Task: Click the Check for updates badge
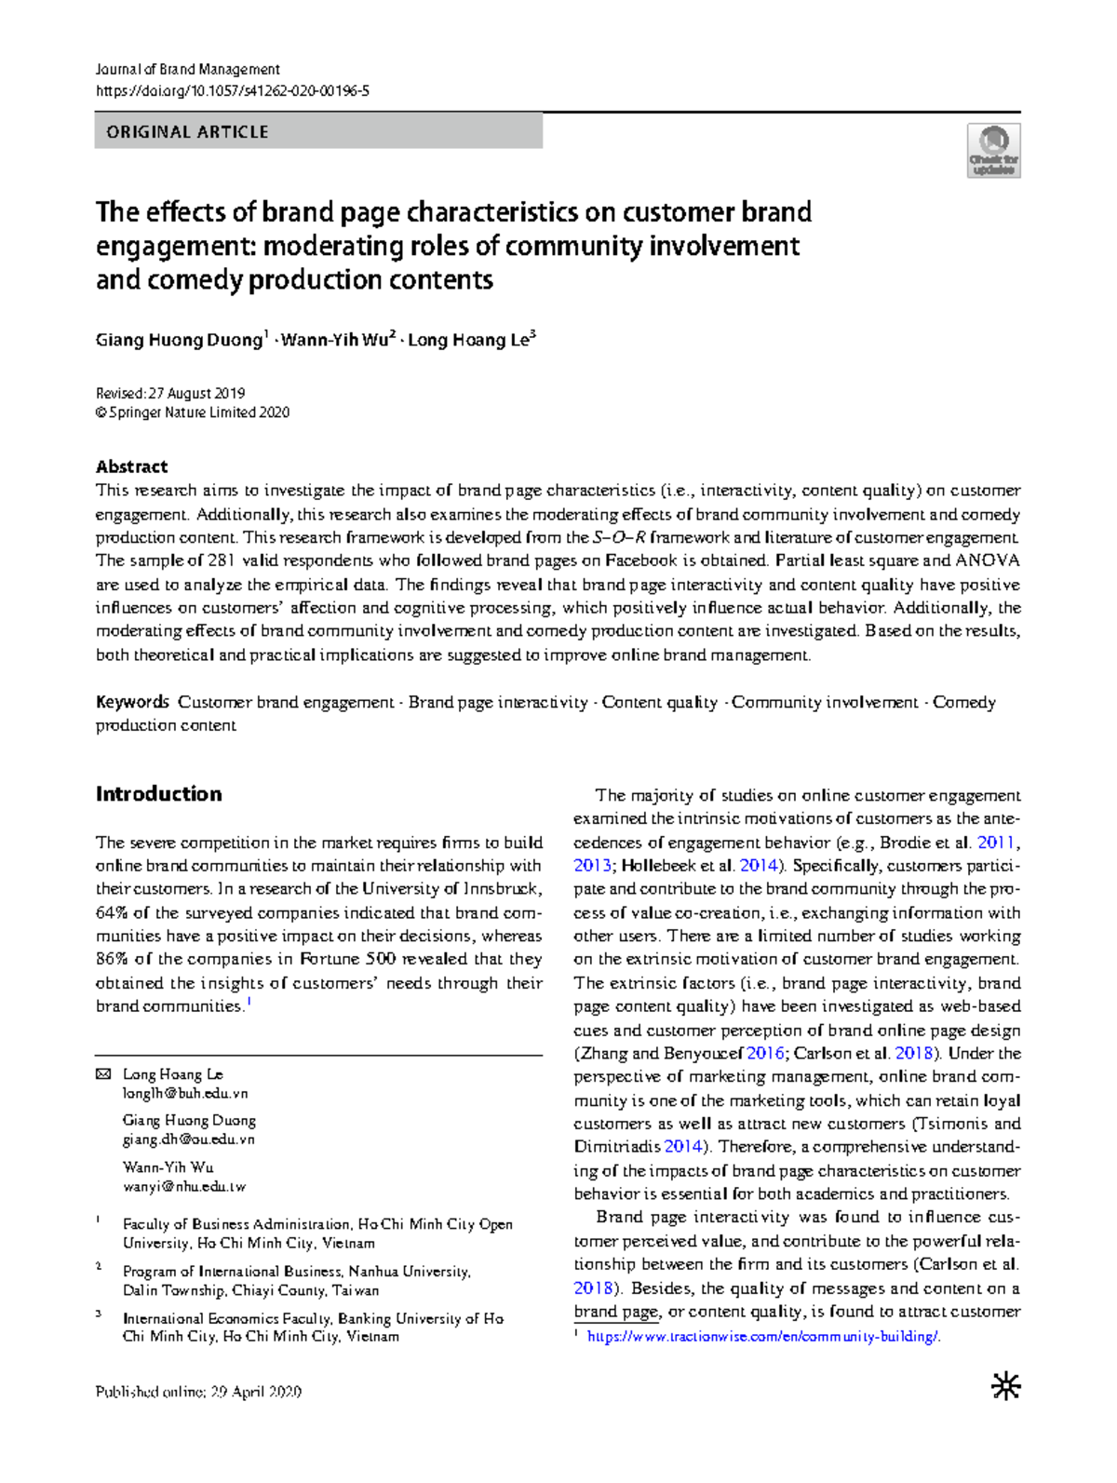tap(993, 151)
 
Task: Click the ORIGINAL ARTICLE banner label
tap(187, 132)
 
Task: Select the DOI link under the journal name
tap(233, 90)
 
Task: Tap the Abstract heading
tap(131, 466)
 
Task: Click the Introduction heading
tap(158, 794)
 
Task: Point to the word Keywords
tap(132, 702)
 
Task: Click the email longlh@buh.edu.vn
tap(185, 1093)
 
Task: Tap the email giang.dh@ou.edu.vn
tap(188, 1139)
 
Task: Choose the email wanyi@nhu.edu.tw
tap(183, 1186)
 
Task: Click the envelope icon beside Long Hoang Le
tap(103, 1074)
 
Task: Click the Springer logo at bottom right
tap(1005, 1387)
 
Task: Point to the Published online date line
tap(198, 1392)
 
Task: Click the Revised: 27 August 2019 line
tap(170, 393)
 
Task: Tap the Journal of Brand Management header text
tap(187, 69)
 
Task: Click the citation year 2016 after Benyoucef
tap(765, 1053)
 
